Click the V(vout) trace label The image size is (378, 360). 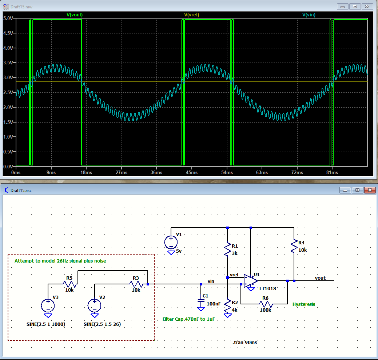(77, 15)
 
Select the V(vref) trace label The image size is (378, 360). (191, 15)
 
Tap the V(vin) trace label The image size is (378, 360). (309, 15)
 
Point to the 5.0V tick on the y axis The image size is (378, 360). (8, 18)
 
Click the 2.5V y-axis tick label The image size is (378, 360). (8, 92)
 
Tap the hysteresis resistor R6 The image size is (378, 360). (266, 304)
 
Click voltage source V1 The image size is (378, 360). (171, 242)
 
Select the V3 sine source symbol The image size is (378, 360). (48, 305)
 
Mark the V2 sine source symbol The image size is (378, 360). (94, 305)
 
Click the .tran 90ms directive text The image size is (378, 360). (247, 342)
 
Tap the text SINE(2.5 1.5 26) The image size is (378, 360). (102, 324)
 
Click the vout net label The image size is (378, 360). (320, 278)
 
